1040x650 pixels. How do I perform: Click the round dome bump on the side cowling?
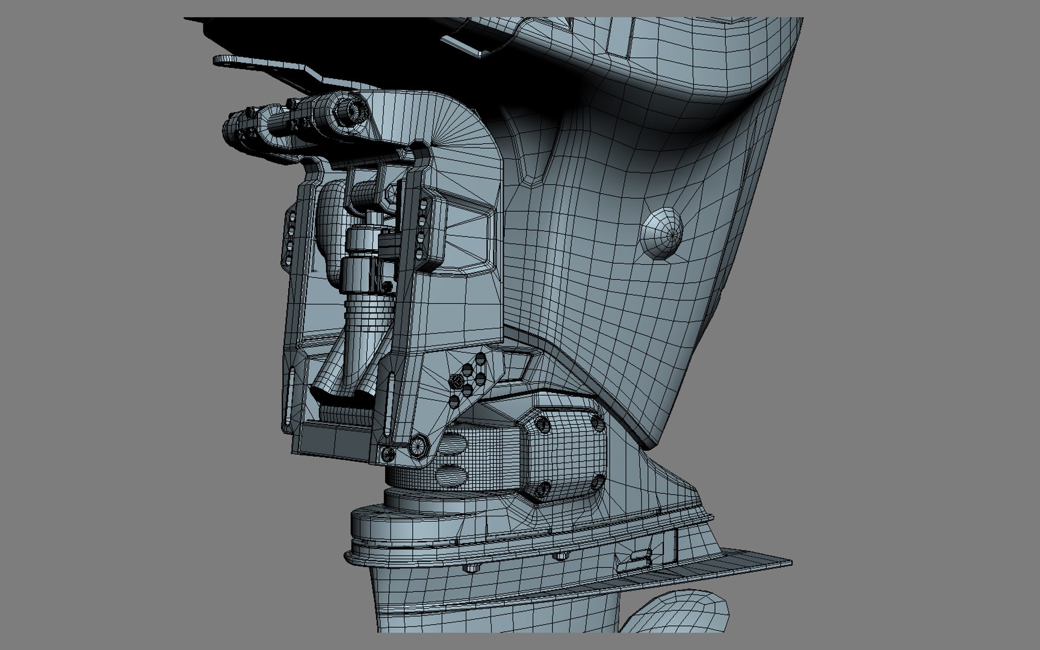663,231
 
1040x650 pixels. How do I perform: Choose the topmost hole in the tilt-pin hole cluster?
480,359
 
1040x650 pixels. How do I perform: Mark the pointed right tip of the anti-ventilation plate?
790,563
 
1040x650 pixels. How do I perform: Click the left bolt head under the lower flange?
471,568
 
